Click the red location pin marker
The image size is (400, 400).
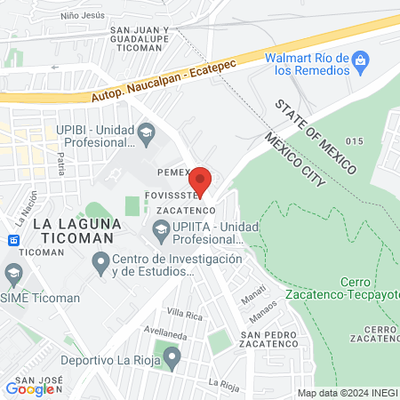pos(201,180)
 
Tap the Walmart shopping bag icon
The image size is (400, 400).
pos(359,61)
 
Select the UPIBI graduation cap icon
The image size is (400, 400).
pos(145,134)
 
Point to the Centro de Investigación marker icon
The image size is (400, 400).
pos(100,264)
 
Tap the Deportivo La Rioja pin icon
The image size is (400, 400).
pos(172,360)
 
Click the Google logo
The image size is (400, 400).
pos(29,388)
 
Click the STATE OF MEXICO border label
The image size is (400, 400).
pos(316,136)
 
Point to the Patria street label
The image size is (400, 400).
pos(61,163)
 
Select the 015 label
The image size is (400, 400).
pos(356,141)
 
